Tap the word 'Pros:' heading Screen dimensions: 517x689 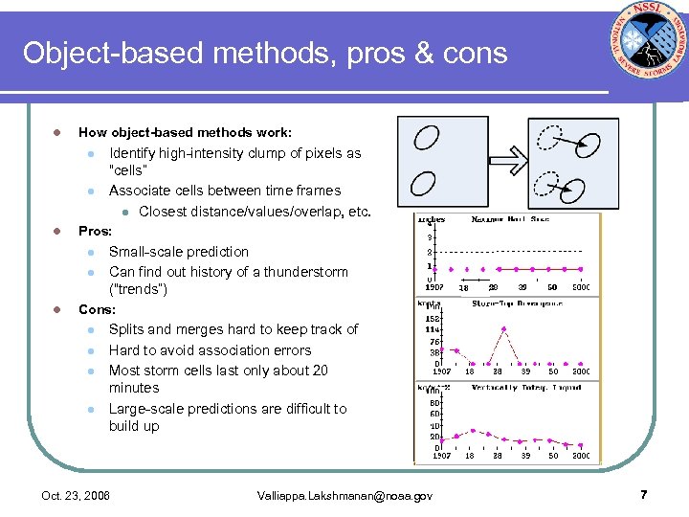[95, 231]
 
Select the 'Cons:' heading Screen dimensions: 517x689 [97, 309]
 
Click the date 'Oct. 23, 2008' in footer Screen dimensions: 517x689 [76, 495]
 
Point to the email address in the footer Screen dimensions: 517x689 [345, 495]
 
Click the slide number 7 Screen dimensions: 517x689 [643, 494]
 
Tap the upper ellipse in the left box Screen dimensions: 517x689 [426, 138]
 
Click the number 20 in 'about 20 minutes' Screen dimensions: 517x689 [320, 371]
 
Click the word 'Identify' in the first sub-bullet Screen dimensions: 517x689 [133, 153]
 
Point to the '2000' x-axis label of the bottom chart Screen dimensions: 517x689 [581, 456]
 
